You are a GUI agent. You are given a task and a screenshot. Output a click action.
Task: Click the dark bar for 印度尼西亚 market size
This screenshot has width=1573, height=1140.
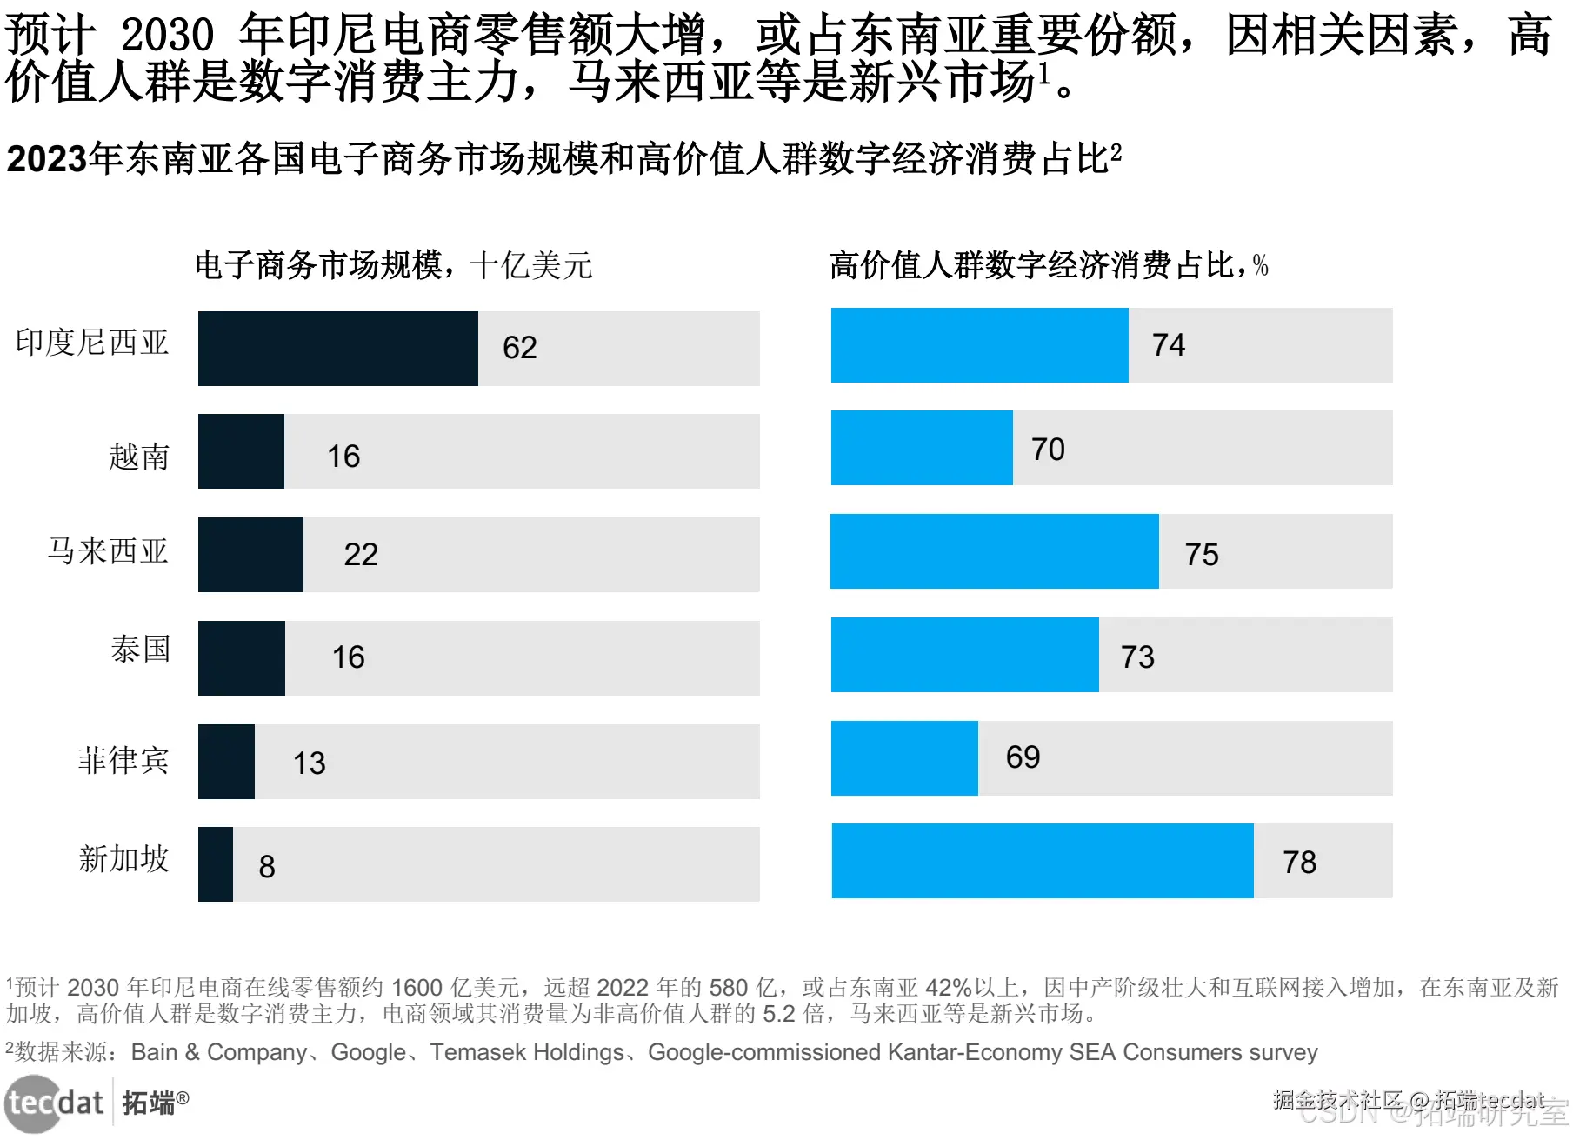click(x=337, y=348)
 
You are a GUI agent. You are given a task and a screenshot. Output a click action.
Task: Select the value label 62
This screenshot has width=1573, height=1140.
click(x=519, y=348)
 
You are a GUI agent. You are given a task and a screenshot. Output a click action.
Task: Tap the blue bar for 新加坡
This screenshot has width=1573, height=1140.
click(x=1042, y=861)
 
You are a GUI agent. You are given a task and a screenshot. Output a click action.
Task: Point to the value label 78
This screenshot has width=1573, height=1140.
click(x=1299, y=863)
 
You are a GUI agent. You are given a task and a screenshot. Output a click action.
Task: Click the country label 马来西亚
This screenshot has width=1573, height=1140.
click(x=108, y=551)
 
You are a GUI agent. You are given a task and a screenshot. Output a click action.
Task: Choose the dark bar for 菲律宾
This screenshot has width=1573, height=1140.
click(x=226, y=762)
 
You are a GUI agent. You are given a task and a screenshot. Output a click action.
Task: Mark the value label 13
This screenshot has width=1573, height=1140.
click(x=309, y=763)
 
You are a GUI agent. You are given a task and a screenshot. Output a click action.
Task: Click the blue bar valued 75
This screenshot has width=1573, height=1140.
click(x=994, y=551)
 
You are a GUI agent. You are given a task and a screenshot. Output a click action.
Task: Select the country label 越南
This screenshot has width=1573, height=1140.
click(x=138, y=457)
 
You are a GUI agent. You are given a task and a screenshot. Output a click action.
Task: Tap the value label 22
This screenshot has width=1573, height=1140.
click(x=361, y=555)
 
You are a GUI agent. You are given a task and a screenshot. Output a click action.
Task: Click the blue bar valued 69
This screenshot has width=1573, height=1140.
click(x=904, y=758)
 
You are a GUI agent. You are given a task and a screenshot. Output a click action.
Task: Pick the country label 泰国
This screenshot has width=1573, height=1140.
click(x=140, y=650)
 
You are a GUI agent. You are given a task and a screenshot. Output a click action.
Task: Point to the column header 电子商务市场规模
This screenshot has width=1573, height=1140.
click(x=318, y=265)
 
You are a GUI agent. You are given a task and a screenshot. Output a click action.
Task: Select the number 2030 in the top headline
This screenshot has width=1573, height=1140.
click(x=166, y=35)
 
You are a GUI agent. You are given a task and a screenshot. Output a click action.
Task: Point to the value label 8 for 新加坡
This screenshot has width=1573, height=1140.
click(x=267, y=867)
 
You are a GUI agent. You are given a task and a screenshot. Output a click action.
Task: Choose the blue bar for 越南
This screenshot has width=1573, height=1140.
click(x=922, y=448)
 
